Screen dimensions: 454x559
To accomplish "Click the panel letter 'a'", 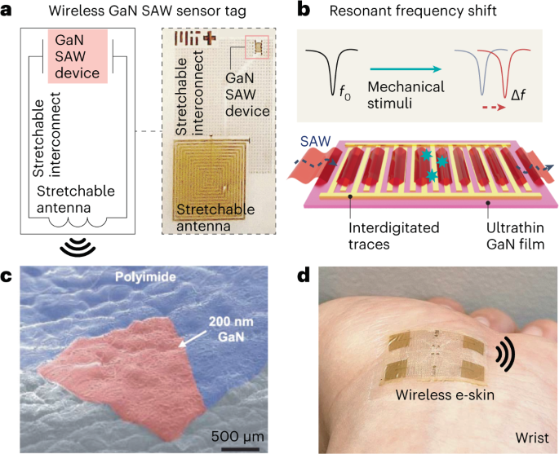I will pos(7,11).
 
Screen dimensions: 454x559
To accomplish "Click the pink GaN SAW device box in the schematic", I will pos(79,58).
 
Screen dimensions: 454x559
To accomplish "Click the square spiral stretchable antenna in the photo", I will pos(213,181).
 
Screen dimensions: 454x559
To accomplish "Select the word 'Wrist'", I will pos(526,429).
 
